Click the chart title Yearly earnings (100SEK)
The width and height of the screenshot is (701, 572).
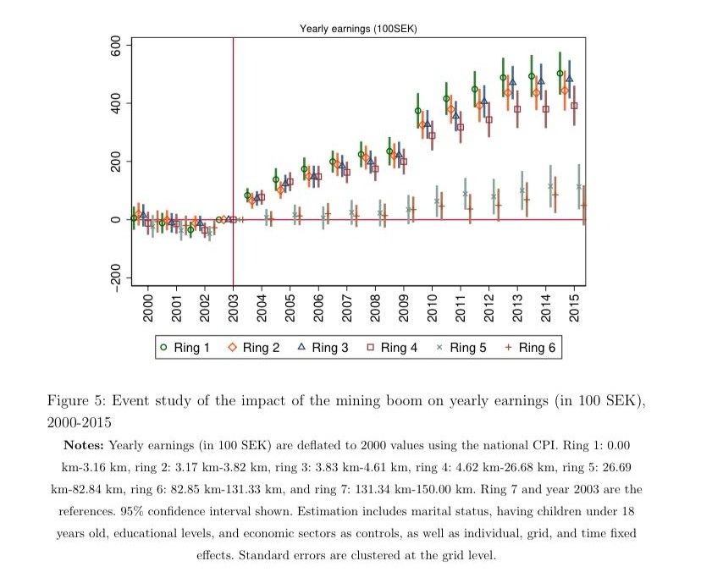click(358, 29)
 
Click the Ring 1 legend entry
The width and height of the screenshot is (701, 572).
click(185, 347)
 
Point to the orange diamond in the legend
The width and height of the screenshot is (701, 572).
click(233, 347)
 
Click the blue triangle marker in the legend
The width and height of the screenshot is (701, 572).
click(301, 347)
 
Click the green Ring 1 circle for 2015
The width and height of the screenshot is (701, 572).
click(560, 74)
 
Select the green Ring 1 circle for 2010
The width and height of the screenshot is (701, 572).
click(417, 111)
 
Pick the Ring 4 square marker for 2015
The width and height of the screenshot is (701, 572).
click(574, 106)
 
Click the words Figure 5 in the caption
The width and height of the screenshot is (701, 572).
click(75, 400)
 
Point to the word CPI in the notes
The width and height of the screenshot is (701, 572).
click(569, 445)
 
